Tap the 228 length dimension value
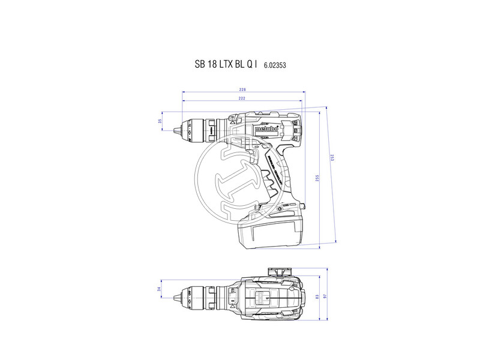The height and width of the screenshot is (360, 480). coord(243,89)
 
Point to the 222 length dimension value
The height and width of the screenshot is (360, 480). coord(241,98)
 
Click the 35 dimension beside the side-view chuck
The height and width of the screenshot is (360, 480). coord(160,121)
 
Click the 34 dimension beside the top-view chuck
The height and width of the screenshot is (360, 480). coord(160,290)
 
